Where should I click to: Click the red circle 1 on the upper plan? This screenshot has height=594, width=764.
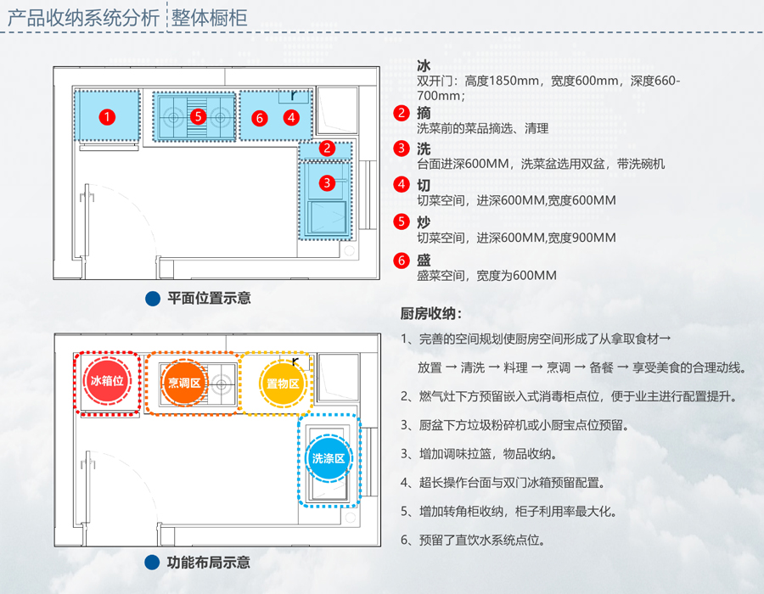(x=106, y=116)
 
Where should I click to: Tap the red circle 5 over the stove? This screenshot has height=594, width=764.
(x=198, y=116)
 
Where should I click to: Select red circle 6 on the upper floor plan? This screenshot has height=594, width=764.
(x=260, y=117)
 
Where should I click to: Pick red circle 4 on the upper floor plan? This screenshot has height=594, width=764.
(x=291, y=117)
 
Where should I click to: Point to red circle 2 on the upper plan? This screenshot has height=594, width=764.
(x=327, y=148)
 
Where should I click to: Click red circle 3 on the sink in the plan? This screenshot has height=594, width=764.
(x=326, y=182)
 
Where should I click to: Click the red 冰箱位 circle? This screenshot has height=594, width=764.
(x=107, y=382)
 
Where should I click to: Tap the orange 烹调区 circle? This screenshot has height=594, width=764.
(x=183, y=384)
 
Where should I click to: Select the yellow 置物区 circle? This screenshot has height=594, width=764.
(x=282, y=384)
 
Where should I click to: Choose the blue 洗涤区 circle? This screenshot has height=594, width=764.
(x=328, y=458)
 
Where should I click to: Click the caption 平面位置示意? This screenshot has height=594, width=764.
(x=209, y=299)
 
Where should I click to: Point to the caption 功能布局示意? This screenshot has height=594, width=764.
(x=209, y=563)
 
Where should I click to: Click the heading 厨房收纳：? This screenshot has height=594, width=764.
(x=431, y=313)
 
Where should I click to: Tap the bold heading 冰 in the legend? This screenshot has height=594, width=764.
(x=424, y=65)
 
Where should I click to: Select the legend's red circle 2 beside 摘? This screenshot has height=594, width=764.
(x=402, y=113)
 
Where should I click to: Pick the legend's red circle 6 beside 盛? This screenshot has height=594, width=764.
(x=402, y=261)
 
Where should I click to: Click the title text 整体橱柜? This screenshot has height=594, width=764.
(x=210, y=18)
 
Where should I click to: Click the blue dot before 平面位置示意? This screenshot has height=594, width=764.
(x=153, y=299)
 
